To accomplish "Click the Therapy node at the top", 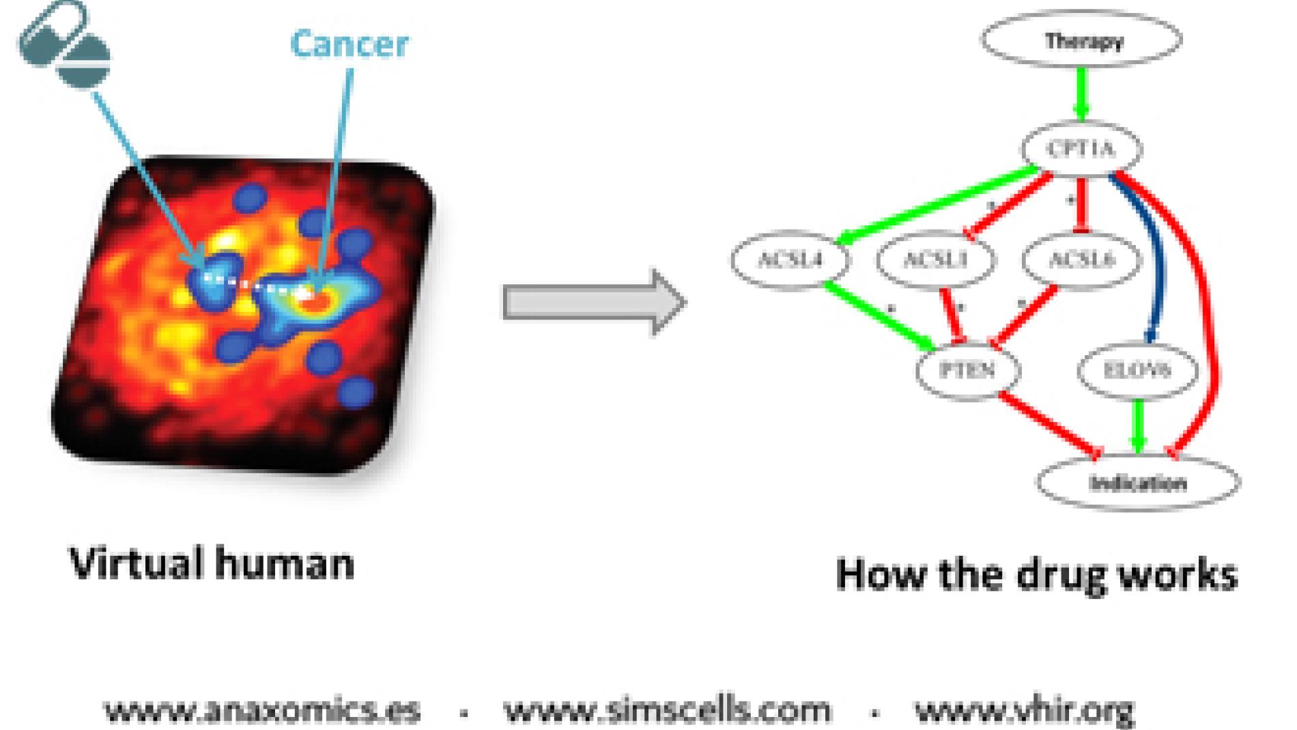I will point(1082,40).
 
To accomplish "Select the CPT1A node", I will point(1081,148).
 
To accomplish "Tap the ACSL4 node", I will point(790,259).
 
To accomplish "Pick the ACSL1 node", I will point(935,259).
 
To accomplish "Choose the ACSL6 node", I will point(1081,259).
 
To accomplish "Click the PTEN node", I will point(967,370).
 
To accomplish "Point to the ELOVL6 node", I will point(1137,370).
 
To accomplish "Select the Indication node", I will point(1138,483).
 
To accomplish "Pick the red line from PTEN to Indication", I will point(1048,423).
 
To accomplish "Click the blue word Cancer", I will point(350,44).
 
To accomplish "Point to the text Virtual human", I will point(212,564).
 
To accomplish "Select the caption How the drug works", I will point(1036,574).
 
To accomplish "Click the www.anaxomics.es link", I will point(262,710).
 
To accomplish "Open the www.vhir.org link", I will point(1024,710).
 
